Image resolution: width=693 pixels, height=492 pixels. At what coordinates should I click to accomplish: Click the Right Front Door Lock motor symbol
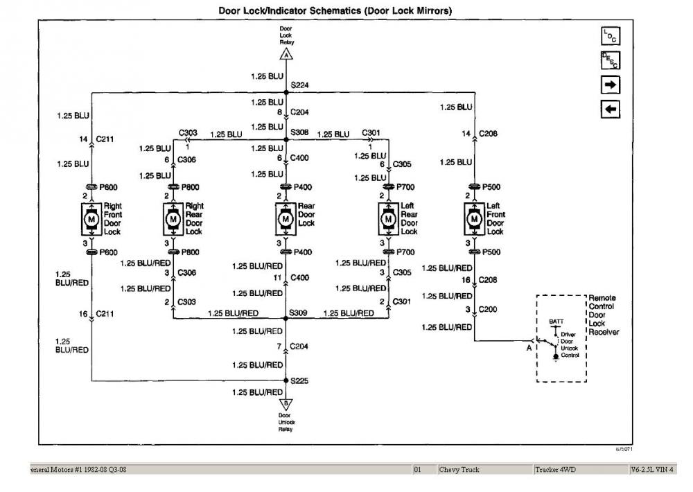[x=91, y=219]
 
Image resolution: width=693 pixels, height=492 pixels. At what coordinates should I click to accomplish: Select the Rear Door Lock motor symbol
[x=286, y=219]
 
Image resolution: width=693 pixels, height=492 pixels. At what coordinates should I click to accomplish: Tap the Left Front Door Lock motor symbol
[x=474, y=219]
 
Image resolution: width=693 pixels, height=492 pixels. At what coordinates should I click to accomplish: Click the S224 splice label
[x=300, y=85]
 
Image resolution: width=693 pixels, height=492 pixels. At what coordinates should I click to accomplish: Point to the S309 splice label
[x=299, y=314]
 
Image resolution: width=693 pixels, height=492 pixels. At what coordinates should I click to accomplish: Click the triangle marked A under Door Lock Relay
[x=286, y=54]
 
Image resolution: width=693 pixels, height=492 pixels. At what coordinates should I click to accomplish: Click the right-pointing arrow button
[x=610, y=85]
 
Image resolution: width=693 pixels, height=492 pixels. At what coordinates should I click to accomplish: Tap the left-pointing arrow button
[x=610, y=109]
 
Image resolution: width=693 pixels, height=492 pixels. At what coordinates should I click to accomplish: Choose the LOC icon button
[x=610, y=36]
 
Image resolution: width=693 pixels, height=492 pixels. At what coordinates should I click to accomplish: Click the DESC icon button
[x=610, y=60]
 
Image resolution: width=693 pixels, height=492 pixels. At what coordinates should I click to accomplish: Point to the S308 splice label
[x=300, y=132]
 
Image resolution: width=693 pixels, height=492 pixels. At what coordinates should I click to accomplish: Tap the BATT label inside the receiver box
[x=556, y=322]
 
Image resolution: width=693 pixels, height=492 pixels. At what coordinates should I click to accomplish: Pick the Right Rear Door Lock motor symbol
[x=173, y=219]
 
